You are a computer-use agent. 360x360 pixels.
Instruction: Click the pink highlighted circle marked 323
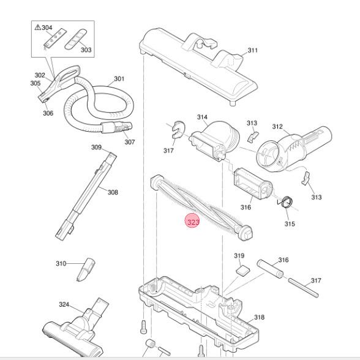point(193,222)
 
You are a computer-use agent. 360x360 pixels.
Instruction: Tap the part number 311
point(253,51)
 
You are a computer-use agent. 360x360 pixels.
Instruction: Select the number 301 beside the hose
point(119,79)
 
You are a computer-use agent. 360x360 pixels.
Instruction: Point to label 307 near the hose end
point(129,142)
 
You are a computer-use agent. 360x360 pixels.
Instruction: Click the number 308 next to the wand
point(113,192)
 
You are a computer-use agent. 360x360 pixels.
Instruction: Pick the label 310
point(61,264)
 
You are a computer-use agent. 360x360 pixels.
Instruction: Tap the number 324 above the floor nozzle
point(64,304)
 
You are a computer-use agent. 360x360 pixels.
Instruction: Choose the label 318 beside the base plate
point(259,317)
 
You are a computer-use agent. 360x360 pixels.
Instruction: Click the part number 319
point(239,256)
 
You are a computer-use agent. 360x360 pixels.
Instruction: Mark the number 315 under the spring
point(290,223)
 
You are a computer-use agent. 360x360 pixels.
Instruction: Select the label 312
point(277,127)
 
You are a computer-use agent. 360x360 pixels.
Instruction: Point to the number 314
point(202,117)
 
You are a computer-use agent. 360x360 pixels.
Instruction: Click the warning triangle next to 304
point(38,28)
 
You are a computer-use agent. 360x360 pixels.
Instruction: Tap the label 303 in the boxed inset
point(86,50)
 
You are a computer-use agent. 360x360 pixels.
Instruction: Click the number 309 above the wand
point(97,148)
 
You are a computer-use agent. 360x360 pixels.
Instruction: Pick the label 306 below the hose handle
point(48,113)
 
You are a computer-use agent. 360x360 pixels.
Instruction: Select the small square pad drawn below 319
point(242,269)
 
